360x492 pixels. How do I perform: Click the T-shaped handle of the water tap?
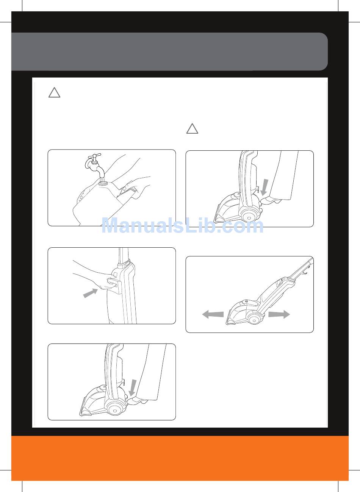[x=94, y=156]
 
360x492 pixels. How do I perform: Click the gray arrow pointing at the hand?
[x=90, y=293]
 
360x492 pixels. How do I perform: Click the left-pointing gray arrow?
[x=213, y=314]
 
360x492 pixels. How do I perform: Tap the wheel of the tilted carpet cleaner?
[x=254, y=320]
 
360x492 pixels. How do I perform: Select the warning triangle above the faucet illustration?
[x=54, y=93]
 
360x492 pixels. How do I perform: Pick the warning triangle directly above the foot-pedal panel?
[x=192, y=129]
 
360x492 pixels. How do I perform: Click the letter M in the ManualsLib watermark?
[x=112, y=225]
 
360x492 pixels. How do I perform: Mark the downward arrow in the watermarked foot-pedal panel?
[x=265, y=187]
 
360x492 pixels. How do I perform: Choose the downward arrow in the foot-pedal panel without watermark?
[x=133, y=387]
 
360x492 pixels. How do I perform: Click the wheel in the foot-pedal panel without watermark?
[x=114, y=411]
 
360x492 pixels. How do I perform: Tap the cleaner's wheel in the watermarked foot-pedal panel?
[x=249, y=218]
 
